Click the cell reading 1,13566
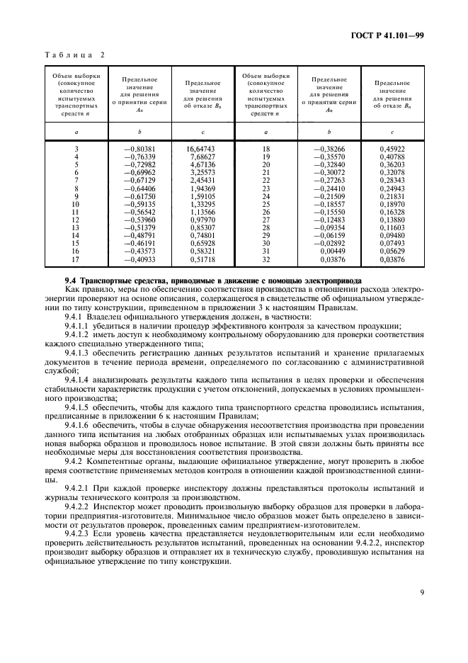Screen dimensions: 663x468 (202, 211)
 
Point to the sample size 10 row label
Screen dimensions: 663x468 (76, 203)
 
